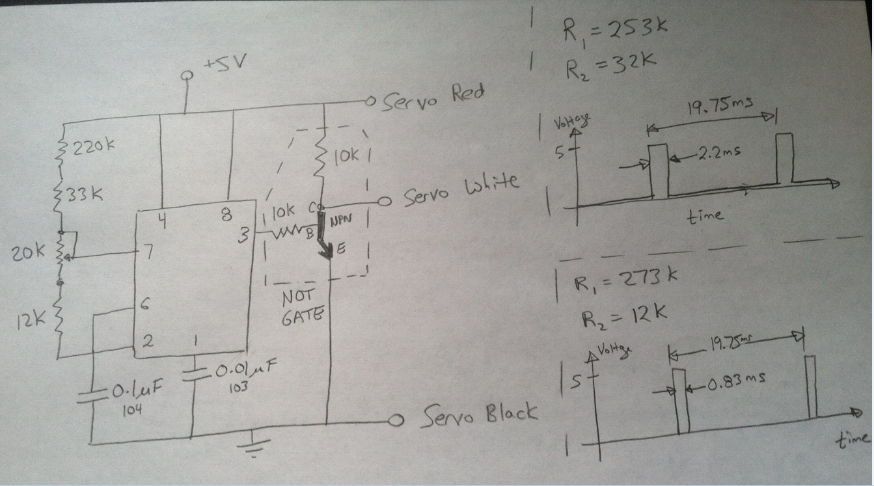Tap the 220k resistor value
(94, 147)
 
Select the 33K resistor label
(85, 195)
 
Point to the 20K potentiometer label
(27, 252)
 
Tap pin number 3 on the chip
(244, 235)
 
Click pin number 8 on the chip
(226, 215)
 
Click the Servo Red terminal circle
(370, 101)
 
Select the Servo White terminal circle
(385, 201)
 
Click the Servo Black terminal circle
(396, 420)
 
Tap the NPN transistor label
(341, 221)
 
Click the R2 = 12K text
(623, 318)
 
